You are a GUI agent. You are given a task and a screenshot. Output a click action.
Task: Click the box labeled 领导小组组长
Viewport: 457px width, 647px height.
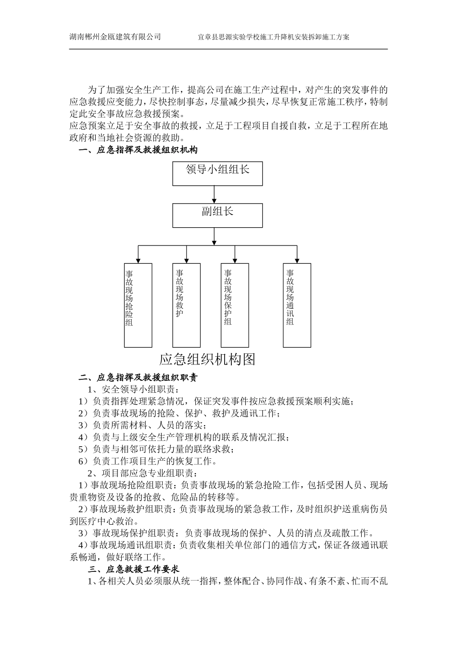[217, 173]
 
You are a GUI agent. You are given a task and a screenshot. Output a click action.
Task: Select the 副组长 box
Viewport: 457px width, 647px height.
[217, 215]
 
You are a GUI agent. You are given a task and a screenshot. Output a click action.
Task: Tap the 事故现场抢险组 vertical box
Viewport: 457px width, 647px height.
[138, 305]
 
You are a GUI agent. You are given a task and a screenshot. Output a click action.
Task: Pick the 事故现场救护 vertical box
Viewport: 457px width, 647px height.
[186, 305]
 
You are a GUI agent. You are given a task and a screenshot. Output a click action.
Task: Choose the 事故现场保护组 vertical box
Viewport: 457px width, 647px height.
[235, 305]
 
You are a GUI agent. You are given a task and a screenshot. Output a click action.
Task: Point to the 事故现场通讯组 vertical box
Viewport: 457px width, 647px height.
[297, 305]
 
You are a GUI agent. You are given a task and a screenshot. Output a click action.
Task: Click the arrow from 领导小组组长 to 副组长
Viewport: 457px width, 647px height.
[214, 195]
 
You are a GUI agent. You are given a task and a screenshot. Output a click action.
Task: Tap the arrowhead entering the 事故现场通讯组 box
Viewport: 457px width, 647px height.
[297, 260]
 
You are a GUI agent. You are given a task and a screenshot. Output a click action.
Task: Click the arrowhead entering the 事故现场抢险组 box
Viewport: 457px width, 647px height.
[138, 260]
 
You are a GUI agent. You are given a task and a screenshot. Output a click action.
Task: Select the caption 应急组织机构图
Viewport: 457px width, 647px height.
[207, 359]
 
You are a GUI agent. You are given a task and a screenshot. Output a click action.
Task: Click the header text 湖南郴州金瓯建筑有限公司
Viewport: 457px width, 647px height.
[115, 37]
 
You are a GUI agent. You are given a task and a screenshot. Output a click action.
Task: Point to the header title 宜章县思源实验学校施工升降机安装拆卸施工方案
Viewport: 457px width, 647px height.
[274, 37]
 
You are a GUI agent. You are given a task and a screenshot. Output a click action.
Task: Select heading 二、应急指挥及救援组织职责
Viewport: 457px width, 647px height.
[138, 378]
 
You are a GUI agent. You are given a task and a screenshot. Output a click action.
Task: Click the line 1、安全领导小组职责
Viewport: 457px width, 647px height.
[133, 389]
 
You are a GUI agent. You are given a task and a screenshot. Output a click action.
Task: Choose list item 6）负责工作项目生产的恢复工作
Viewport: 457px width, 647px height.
[147, 461]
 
